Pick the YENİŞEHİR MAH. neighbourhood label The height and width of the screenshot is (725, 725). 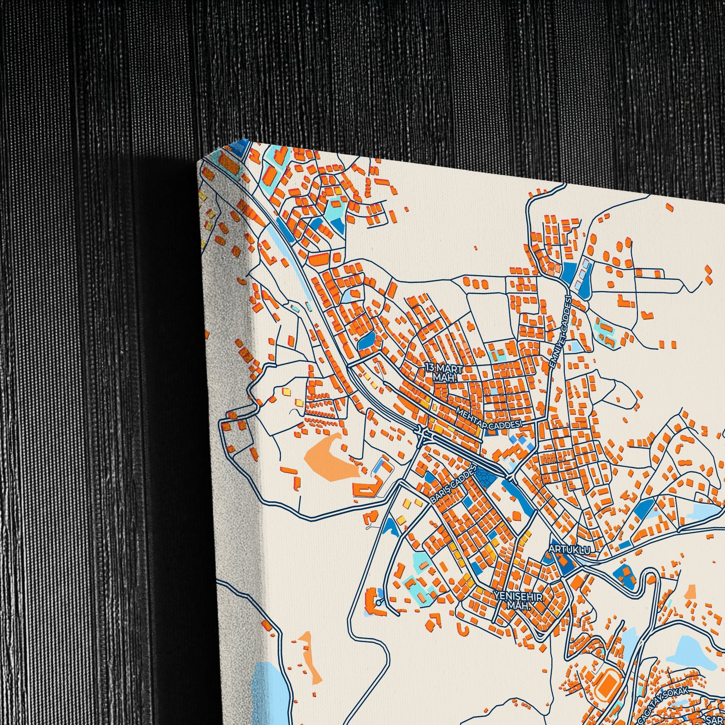click(x=518, y=601)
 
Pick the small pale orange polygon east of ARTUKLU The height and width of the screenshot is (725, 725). click(x=690, y=592)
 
